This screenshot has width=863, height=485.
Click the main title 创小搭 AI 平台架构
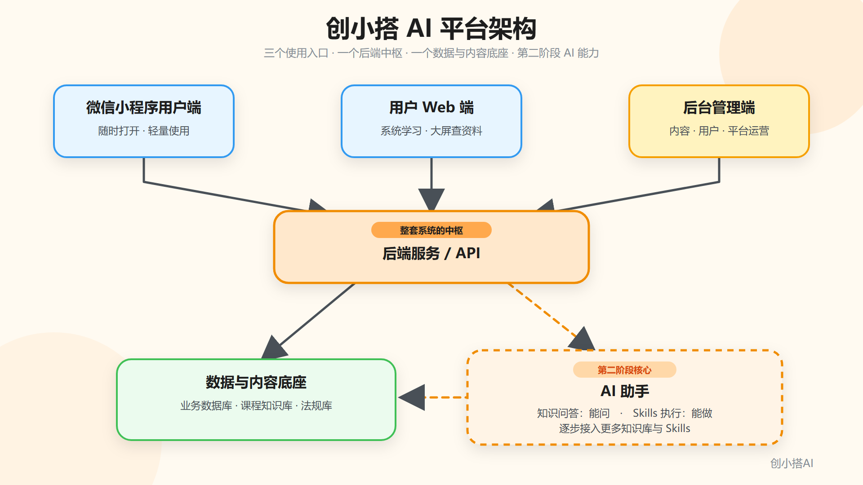(x=431, y=28)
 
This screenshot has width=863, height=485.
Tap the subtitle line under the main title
(x=431, y=53)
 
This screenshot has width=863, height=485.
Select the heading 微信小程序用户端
(x=144, y=107)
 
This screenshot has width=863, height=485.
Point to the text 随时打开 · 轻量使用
(x=144, y=131)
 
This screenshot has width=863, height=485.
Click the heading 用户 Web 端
(x=431, y=107)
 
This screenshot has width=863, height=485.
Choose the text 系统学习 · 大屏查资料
(x=431, y=131)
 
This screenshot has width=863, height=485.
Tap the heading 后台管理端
(x=719, y=107)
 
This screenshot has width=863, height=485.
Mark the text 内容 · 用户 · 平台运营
(x=719, y=131)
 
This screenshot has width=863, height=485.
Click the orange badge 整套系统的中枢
(x=431, y=230)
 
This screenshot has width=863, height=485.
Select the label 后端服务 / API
(x=431, y=253)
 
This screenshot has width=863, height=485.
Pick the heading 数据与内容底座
(x=256, y=382)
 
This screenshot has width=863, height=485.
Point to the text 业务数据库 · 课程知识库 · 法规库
(x=256, y=406)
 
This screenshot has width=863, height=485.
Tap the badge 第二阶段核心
(x=625, y=370)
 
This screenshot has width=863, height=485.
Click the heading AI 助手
(x=625, y=391)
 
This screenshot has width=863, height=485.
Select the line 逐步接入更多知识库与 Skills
(x=625, y=428)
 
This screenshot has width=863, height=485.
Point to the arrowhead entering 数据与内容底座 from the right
(x=412, y=397)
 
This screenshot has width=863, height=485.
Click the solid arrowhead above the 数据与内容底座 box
(x=274, y=348)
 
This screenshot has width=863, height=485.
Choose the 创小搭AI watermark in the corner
(x=792, y=463)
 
